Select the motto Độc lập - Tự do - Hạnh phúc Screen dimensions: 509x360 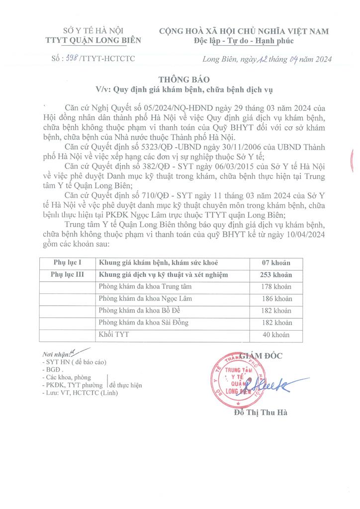244,41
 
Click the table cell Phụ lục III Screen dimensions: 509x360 67,274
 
